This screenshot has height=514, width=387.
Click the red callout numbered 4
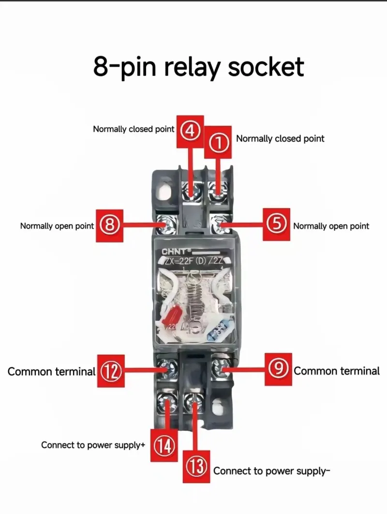pos(191,131)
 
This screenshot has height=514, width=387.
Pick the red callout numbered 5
pos(277,225)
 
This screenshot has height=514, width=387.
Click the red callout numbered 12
pos(111,371)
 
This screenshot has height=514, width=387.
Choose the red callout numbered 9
pos(278,369)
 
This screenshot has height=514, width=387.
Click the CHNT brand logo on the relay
pos(176,252)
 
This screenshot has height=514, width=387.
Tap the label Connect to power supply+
pos(93,445)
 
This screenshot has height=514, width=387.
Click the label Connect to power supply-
pos(271,471)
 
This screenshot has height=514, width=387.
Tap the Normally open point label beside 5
pos(331,226)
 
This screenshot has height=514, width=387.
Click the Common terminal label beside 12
pos(51,372)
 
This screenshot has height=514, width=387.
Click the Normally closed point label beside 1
pos(280,138)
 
